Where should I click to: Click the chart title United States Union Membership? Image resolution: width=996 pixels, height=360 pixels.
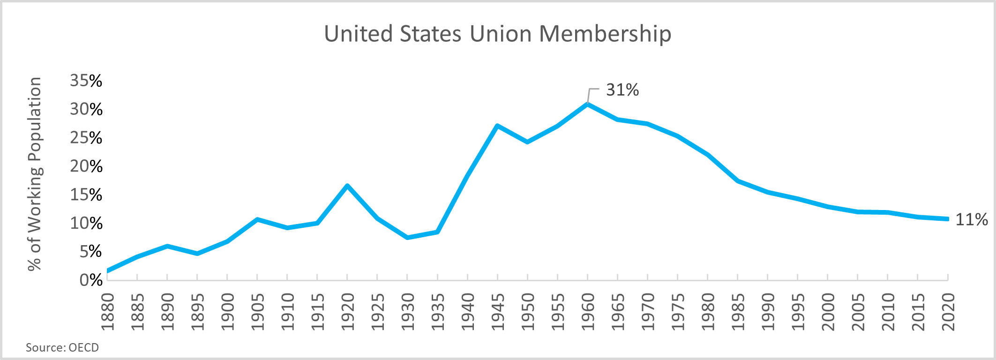tap(497, 34)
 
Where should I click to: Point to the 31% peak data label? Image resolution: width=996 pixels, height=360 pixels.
tap(622, 90)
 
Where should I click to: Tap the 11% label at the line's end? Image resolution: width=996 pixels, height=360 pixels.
tap(971, 219)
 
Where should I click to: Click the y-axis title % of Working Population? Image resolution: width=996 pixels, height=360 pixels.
tap(35, 174)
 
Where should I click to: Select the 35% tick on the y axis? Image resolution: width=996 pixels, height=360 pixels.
tap(86, 81)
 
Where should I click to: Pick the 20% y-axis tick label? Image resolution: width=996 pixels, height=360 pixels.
tap(86, 166)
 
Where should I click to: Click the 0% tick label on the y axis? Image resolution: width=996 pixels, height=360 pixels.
tap(91, 280)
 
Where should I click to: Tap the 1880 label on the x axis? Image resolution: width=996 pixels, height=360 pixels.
tap(107, 312)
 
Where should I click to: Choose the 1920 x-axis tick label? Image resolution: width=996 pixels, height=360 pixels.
tap(347, 312)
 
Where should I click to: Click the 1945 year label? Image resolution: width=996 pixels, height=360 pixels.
tap(497, 312)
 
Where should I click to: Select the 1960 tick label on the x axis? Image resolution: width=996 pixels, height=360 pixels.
tap(587, 312)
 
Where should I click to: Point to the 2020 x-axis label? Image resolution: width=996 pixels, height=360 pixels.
tap(948, 312)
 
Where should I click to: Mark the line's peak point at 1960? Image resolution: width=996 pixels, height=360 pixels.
tap(587, 104)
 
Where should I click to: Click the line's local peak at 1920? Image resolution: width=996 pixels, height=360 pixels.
tap(347, 186)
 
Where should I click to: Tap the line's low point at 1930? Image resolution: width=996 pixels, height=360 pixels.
tap(407, 238)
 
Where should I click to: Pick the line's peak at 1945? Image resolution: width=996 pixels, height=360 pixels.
tap(497, 126)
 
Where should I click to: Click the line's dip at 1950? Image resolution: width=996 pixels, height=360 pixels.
tap(527, 142)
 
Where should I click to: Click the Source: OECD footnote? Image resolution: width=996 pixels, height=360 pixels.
tap(62, 347)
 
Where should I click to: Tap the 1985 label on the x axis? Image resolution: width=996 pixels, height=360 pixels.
tap(738, 312)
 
